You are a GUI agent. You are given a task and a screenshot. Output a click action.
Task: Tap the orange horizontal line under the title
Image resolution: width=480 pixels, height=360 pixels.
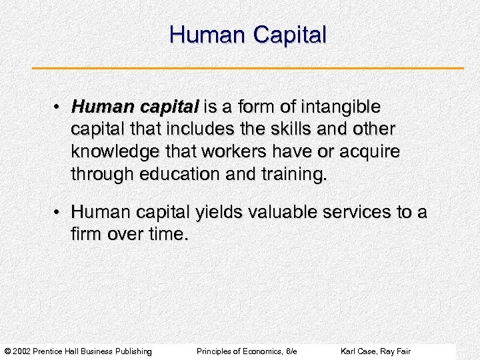[x=248, y=68]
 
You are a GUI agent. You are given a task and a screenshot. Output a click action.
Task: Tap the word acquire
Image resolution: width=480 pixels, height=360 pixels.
[x=372, y=151]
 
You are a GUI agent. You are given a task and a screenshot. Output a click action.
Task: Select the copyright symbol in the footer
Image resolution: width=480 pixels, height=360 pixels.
[x=7, y=351]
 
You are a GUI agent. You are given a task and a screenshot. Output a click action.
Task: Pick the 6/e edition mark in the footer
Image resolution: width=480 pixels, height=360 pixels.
[x=290, y=351]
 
